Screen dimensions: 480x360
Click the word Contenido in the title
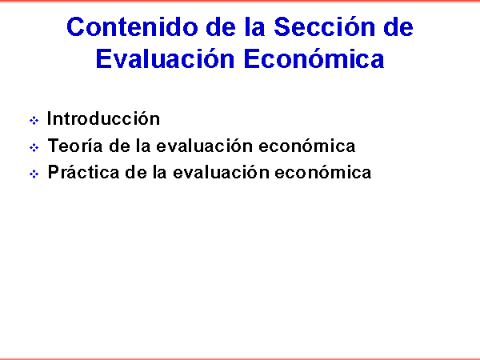pos(132,27)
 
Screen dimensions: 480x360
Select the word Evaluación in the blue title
pos(166,58)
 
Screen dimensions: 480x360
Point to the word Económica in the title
pos(314,58)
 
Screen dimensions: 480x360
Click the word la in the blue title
pos(254,27)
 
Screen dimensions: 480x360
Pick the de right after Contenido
pos(221,27)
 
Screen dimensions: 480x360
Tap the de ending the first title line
pos(398,27)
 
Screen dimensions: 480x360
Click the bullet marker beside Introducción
pos(34,120)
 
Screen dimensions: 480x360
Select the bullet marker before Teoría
pos(34,147)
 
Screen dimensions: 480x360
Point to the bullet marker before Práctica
pos(34,174)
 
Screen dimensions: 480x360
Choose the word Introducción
pos(103,118)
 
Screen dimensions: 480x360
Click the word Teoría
pos(75,145)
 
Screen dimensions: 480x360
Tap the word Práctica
pos(83,172)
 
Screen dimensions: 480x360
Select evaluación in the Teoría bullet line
pos(205,145)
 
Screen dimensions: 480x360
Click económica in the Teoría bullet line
pos(307,145)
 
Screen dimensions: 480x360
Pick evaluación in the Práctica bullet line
pos(221,172)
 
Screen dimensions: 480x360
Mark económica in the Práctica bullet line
pos(323,172)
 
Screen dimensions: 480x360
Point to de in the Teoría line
pos(120,146)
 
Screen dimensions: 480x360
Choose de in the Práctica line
pos(136,172)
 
